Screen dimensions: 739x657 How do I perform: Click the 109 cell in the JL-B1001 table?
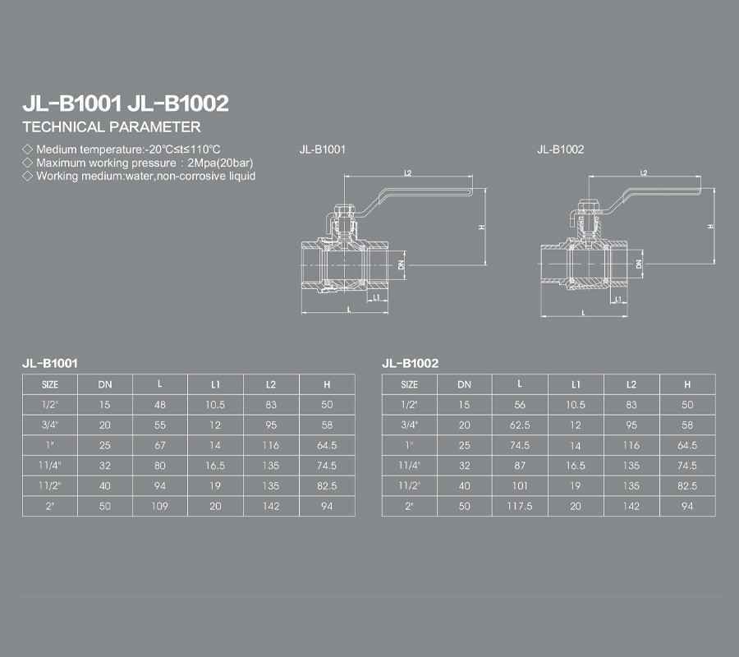point(160,506)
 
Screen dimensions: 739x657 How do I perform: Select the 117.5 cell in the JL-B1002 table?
point(520,506)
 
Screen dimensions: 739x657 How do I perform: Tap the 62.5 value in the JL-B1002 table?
point(520,425)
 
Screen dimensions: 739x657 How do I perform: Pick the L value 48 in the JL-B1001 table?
point(160,405)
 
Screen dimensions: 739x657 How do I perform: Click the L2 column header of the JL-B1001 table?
point(271,384)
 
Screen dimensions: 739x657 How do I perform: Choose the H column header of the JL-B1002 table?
point(687,384)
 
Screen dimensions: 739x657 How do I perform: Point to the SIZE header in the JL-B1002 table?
point(409,384)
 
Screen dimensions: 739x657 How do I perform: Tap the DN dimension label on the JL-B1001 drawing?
point(402,265)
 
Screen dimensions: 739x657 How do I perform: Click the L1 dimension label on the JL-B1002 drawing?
point(618,299)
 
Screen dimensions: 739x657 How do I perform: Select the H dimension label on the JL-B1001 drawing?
point(481,227)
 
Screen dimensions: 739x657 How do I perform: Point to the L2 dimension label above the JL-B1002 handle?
point(644,173)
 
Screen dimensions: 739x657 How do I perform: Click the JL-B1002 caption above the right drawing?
point(560,149)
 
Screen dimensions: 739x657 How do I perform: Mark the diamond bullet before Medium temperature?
point(27,149)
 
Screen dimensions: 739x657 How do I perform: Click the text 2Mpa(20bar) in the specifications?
point(220,163)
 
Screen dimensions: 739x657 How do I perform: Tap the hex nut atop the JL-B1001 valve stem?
point(344,209)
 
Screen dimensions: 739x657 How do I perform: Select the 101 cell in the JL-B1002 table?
point(520,486)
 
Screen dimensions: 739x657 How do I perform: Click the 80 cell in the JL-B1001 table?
point(160,466)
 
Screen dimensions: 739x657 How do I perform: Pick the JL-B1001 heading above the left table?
point(50,363)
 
